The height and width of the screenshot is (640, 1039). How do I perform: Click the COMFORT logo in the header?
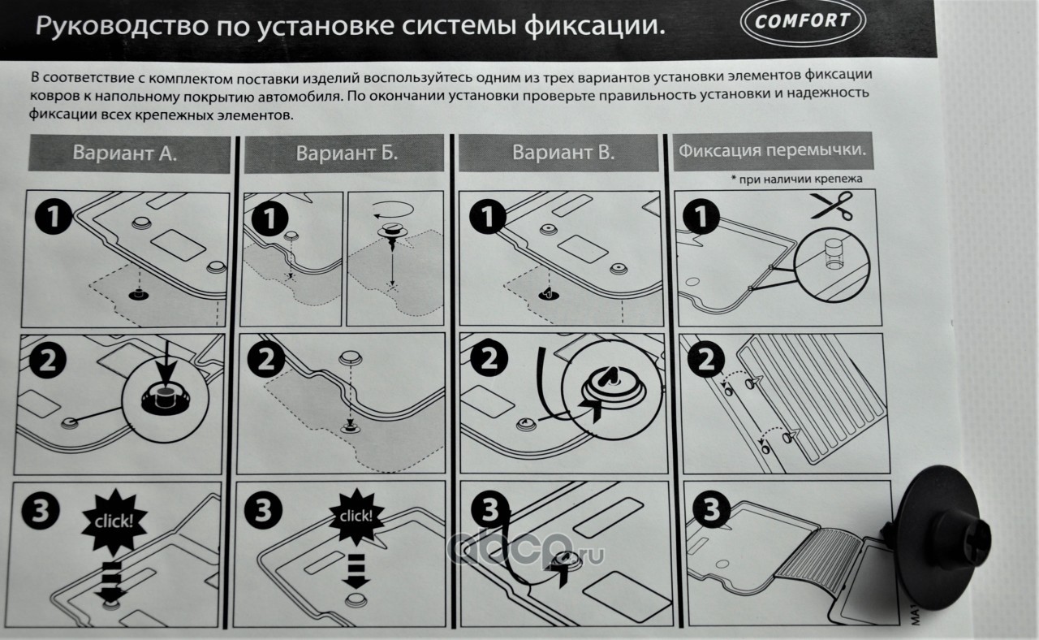803,21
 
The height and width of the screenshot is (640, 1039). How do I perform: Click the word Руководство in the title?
122,26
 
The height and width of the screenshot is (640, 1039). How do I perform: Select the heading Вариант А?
125,154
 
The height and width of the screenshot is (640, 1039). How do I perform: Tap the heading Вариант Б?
347,154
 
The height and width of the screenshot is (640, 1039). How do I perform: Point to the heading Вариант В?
563,152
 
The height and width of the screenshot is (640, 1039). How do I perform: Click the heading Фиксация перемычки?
772,151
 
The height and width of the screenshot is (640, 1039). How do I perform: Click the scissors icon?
833,205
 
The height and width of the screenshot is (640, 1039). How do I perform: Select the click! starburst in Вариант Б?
356,516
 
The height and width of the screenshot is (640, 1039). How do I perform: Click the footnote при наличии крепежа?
796,179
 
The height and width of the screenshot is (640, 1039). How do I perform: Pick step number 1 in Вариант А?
54,216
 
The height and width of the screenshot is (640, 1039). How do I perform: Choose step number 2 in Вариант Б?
266,360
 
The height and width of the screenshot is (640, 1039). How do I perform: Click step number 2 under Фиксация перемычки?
706,361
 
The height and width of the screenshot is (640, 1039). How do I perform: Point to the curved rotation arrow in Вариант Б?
393,210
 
